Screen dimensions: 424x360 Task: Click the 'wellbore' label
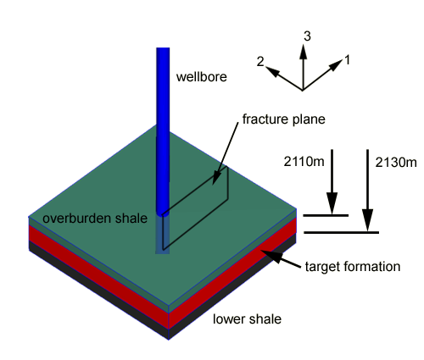click(x=202, y=77)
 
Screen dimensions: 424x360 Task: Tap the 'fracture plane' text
click(x=284, y=119)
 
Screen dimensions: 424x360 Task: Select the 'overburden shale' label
click(x=95, y=219)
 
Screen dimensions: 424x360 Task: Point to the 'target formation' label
click(x=353, y=267)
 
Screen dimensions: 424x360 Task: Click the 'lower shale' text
click(x=247, y=319)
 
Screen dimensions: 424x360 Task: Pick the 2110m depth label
click(x=304, y=162)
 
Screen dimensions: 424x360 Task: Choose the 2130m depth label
click(x=396, y=163)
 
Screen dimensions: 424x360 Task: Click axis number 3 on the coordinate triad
click(x=307, y=36)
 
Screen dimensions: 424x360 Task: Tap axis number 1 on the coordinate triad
click(x=348, y=60)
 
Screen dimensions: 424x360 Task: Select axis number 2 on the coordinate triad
click(x=260, y=62)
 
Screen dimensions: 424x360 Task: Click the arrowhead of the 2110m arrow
click(x=332, y=202)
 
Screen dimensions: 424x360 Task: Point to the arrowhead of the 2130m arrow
click(x=367, y=220)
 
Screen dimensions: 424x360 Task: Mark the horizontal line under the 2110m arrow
click(x=326, y=215)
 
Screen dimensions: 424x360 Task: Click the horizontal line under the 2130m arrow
click(x=341, y=233)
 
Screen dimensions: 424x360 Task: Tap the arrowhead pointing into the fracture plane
click(x=216, y=178)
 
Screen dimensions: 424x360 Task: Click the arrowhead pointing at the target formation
click(x=271, y=256)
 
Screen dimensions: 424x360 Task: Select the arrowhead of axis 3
click(x=304, y=51)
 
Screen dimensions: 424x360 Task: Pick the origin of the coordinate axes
click(x=303, y=91)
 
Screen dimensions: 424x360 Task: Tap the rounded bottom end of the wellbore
click(x=163, y=213)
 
